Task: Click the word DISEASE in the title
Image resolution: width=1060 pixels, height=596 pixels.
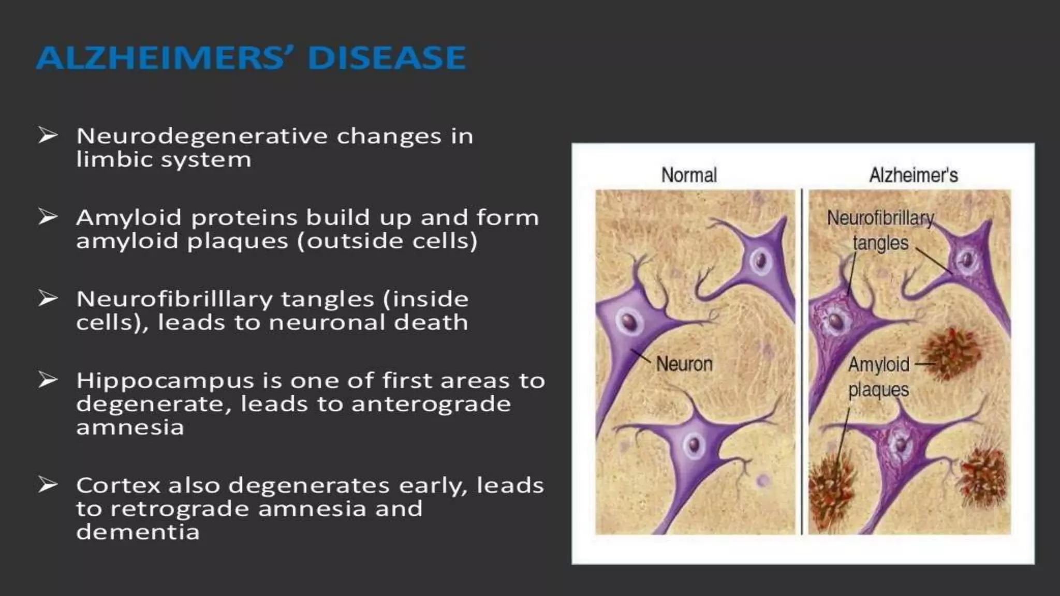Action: pyautogui.click(x=386, y=57)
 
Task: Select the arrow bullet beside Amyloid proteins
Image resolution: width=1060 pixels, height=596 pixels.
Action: pyautogui.click(x=48, y=217)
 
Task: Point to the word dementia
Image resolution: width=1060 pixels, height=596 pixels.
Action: pyautogui.click(x=138, y=532)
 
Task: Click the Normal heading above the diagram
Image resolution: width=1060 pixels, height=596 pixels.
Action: pyautogui.click(x=689, y=175)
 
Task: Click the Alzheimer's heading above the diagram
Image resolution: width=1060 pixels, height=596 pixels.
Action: pyautogui.click(x=914, y=175)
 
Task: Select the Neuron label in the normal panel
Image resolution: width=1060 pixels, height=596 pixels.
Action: pyautogui.click(x=684, y=364)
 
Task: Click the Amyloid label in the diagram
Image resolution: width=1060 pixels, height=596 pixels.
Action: pyautogui.click(x=878, y=365)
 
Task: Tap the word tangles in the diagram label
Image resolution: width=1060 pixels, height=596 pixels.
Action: pyautogui.click(x=880, y=243)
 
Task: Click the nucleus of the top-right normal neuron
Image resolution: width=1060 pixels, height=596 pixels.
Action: pyautogui.click(x=761, y=260)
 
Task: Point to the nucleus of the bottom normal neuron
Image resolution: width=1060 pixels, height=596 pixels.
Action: pyautogui.click(x=694, y=444)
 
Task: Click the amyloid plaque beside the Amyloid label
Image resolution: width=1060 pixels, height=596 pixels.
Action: pyautogui.click(x=951, y=353)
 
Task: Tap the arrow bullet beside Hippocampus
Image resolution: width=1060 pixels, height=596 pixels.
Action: pyautogui.click(x=48, y=380)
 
